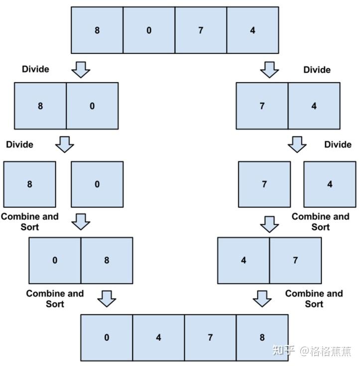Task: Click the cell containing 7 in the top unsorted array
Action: tap(201, 30)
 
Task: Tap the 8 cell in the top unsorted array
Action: tap(97, 30)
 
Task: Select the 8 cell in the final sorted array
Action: tap(262, 338)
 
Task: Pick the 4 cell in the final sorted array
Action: tap(158, 338)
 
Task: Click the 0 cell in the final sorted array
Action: tap(107, 338)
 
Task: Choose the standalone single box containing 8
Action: tap(29, 184)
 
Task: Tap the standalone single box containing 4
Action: tap(330, 184)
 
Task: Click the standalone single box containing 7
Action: tap(264, 184)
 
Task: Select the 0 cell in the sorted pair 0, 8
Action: tap(55, 260)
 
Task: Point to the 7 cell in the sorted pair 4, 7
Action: tap(295, 260)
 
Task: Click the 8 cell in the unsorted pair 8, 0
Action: tap(40, 105)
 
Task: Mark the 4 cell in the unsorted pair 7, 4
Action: tap(314, 105)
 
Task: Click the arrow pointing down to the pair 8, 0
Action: tap(81, 70)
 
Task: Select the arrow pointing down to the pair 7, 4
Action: tap(270, 70)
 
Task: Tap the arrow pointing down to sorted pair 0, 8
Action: tap(81, 222)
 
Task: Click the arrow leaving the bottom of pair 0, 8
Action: tap(107, 298)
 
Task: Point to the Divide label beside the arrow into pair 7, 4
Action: tap(317, 70)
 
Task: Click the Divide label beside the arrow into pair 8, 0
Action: tap(35, 69)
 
